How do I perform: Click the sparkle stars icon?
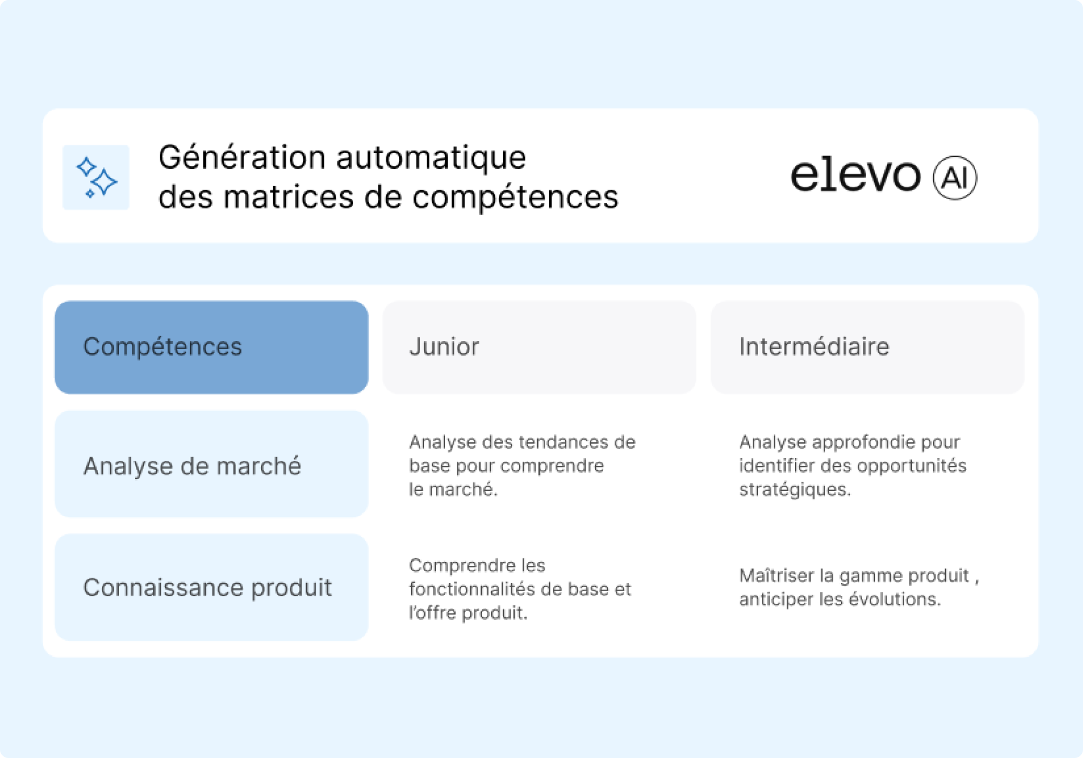(x=96, y=178)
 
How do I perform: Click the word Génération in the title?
(x=242, y=158)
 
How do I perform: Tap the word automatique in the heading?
(x=431, y=158)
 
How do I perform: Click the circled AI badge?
(x=955, y=178)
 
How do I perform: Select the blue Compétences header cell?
(x=211, y=347)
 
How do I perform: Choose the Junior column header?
(x=539, y=347)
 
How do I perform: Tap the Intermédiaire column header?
(x=867, y=347)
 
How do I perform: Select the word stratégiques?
(x=795, y=489)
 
